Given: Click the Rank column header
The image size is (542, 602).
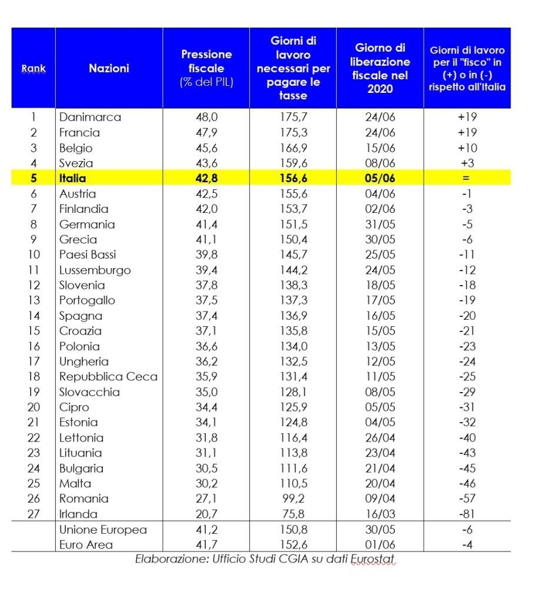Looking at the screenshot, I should click(34, 68).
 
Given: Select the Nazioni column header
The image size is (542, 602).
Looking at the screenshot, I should click(109, 68).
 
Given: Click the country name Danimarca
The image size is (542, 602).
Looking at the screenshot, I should click(90, 117).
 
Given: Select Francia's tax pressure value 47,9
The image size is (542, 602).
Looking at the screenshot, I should click(206, 132).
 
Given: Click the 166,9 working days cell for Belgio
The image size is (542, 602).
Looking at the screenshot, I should click(293, 148).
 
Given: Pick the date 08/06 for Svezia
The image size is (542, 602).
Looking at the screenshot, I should click(380, 163).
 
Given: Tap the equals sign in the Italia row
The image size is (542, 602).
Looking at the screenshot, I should click(467, 178).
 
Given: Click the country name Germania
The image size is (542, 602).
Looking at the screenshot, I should click(87, 224).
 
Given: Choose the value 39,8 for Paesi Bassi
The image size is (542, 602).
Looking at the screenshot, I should click(206, 255).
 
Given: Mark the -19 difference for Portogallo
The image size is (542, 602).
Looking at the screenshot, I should click(467, 300).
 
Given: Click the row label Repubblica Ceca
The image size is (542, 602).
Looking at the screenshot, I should click(108, 377).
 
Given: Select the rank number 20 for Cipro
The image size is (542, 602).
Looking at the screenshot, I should click(34, 407).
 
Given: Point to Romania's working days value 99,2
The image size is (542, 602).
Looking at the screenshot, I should click(293, 499).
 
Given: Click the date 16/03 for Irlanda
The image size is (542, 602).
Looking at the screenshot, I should click(380, 514).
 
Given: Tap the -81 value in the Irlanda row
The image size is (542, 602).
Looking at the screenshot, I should click(467, 514).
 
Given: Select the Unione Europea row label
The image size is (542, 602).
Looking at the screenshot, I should click(102, 530).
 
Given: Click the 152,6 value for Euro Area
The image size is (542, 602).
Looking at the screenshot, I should click(293, 545).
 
